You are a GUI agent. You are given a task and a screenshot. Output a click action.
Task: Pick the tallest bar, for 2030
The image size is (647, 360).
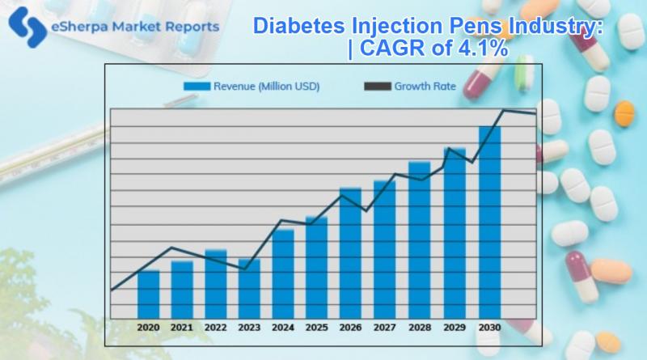[489, 222]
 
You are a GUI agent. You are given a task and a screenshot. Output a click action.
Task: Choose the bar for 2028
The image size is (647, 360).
[419, 239]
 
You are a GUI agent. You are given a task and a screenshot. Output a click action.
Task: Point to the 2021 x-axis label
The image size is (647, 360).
[182, 328]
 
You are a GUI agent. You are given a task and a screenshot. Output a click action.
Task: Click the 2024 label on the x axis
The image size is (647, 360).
[283, 328]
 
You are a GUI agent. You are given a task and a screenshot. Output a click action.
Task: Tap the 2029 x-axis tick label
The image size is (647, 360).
[455, 328]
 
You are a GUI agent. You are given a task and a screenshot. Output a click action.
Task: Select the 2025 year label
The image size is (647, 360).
[317, 328]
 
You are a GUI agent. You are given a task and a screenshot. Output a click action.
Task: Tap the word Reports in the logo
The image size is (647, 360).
[189, 26]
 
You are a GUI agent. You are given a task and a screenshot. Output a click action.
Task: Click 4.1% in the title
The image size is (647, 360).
[480, 49]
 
